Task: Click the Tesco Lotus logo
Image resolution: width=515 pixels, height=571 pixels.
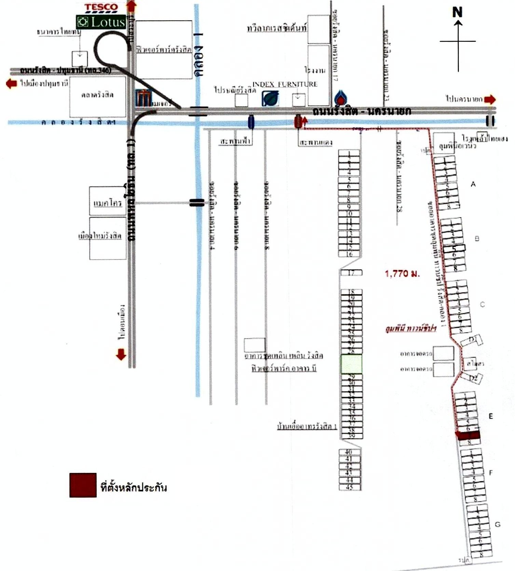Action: tap(101, 17)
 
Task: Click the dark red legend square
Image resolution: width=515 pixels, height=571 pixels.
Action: tap(83, 485)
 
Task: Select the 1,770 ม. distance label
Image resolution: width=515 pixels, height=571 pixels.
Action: tap(402, 274)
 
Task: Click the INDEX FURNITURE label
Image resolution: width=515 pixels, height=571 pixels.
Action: tap(285, 84)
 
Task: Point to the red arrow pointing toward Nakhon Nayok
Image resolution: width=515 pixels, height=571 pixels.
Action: tap(490, 99)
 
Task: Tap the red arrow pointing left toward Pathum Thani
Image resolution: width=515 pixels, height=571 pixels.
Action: tap(12, 83)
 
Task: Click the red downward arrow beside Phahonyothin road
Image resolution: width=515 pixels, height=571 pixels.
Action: tap(121, 354)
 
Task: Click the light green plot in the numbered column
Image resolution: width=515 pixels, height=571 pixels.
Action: tap(351, 364)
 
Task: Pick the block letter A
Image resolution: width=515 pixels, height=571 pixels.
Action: tap(473, 184)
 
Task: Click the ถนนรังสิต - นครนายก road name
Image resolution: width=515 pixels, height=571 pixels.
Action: tap(362, 111)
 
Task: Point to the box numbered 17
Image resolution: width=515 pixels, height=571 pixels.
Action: tap(351, 273)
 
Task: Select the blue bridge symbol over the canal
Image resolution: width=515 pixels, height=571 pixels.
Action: tap(251, 122)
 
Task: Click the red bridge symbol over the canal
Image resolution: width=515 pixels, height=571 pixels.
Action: tap(298, 121)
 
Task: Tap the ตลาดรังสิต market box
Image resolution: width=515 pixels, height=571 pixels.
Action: tap(97, 96)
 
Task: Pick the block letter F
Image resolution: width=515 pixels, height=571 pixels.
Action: tap(491, 473)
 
